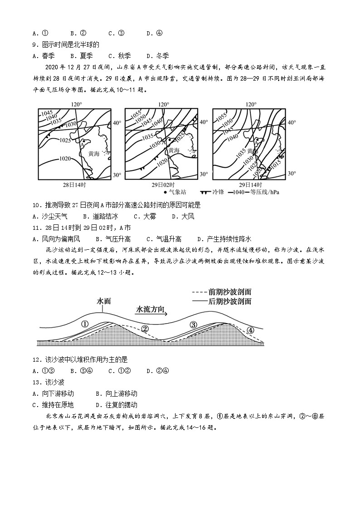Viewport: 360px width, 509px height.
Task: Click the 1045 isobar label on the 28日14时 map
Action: pos(48,113)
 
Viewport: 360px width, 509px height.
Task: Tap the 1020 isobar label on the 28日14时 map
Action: pos(65,159)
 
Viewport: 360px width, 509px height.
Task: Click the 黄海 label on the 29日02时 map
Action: pos(174,150)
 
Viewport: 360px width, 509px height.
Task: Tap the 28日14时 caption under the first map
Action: pos(74,185)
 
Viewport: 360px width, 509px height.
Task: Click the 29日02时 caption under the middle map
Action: pos(162,185)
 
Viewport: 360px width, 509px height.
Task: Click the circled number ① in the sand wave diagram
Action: pos(84,324)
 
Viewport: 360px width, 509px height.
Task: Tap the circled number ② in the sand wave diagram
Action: pos(145,329)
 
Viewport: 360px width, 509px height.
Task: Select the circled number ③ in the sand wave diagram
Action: pos(194,325)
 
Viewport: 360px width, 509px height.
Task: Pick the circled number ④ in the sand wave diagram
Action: pos(251,330)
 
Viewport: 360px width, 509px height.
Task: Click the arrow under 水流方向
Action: pos(152,313)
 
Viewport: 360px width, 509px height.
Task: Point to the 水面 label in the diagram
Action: pos(104,301)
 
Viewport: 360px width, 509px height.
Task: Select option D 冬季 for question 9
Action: pos(157,56)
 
